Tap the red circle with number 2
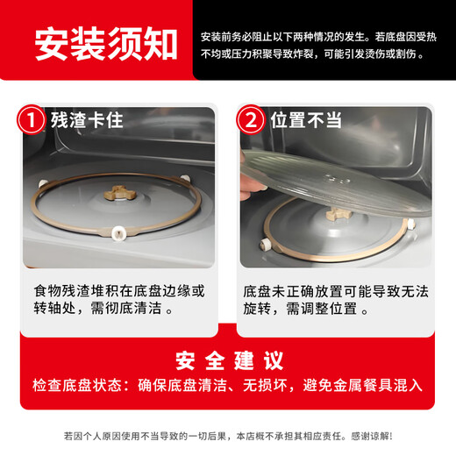pyautogui.click(x=252, y=120)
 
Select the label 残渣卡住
pyautogui.click(x=87, y=120)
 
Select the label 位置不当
pyautogui.click(x=305, y=120)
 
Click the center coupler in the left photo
pyautogui.click(x=118, y=192)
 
